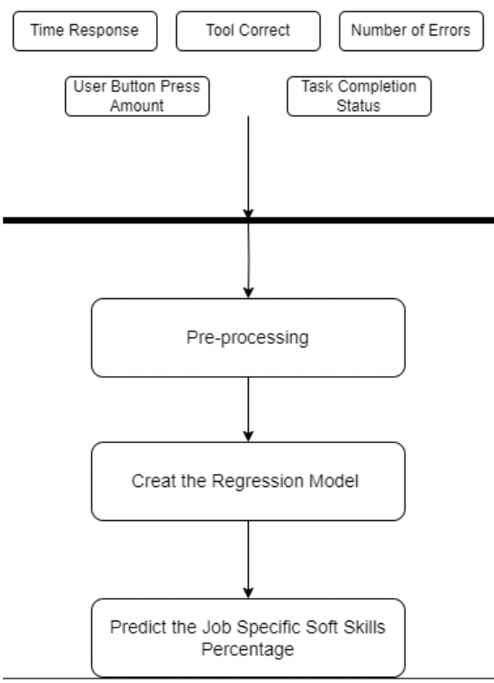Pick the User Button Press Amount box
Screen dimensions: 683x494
138,95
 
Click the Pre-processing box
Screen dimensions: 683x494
248,338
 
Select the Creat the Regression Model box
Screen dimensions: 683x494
248,481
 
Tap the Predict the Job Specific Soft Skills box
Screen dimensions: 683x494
248,637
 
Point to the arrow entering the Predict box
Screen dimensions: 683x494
249,559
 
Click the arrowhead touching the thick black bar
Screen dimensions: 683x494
249,211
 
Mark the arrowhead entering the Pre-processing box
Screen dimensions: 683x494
249,292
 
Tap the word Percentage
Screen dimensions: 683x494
248,647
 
